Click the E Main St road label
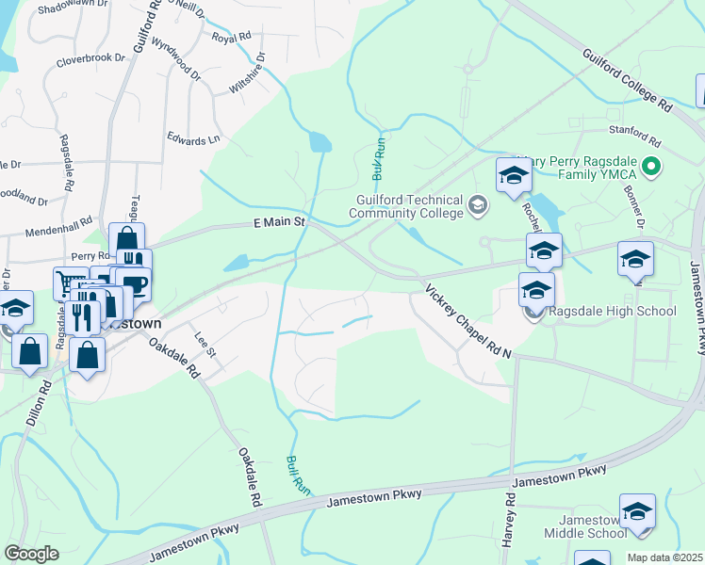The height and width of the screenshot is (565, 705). coord(281,222)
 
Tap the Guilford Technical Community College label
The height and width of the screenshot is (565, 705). coord(406,206)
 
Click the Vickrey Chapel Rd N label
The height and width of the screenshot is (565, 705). coord(467,321)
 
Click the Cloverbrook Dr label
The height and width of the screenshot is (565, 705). coord(90,58)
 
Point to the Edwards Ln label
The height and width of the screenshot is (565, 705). coord(193,140)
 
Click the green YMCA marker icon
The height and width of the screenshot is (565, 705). coord(649,169)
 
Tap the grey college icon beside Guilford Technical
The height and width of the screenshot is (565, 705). coord(479,204)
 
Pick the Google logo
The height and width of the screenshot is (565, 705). coord(31,554)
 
